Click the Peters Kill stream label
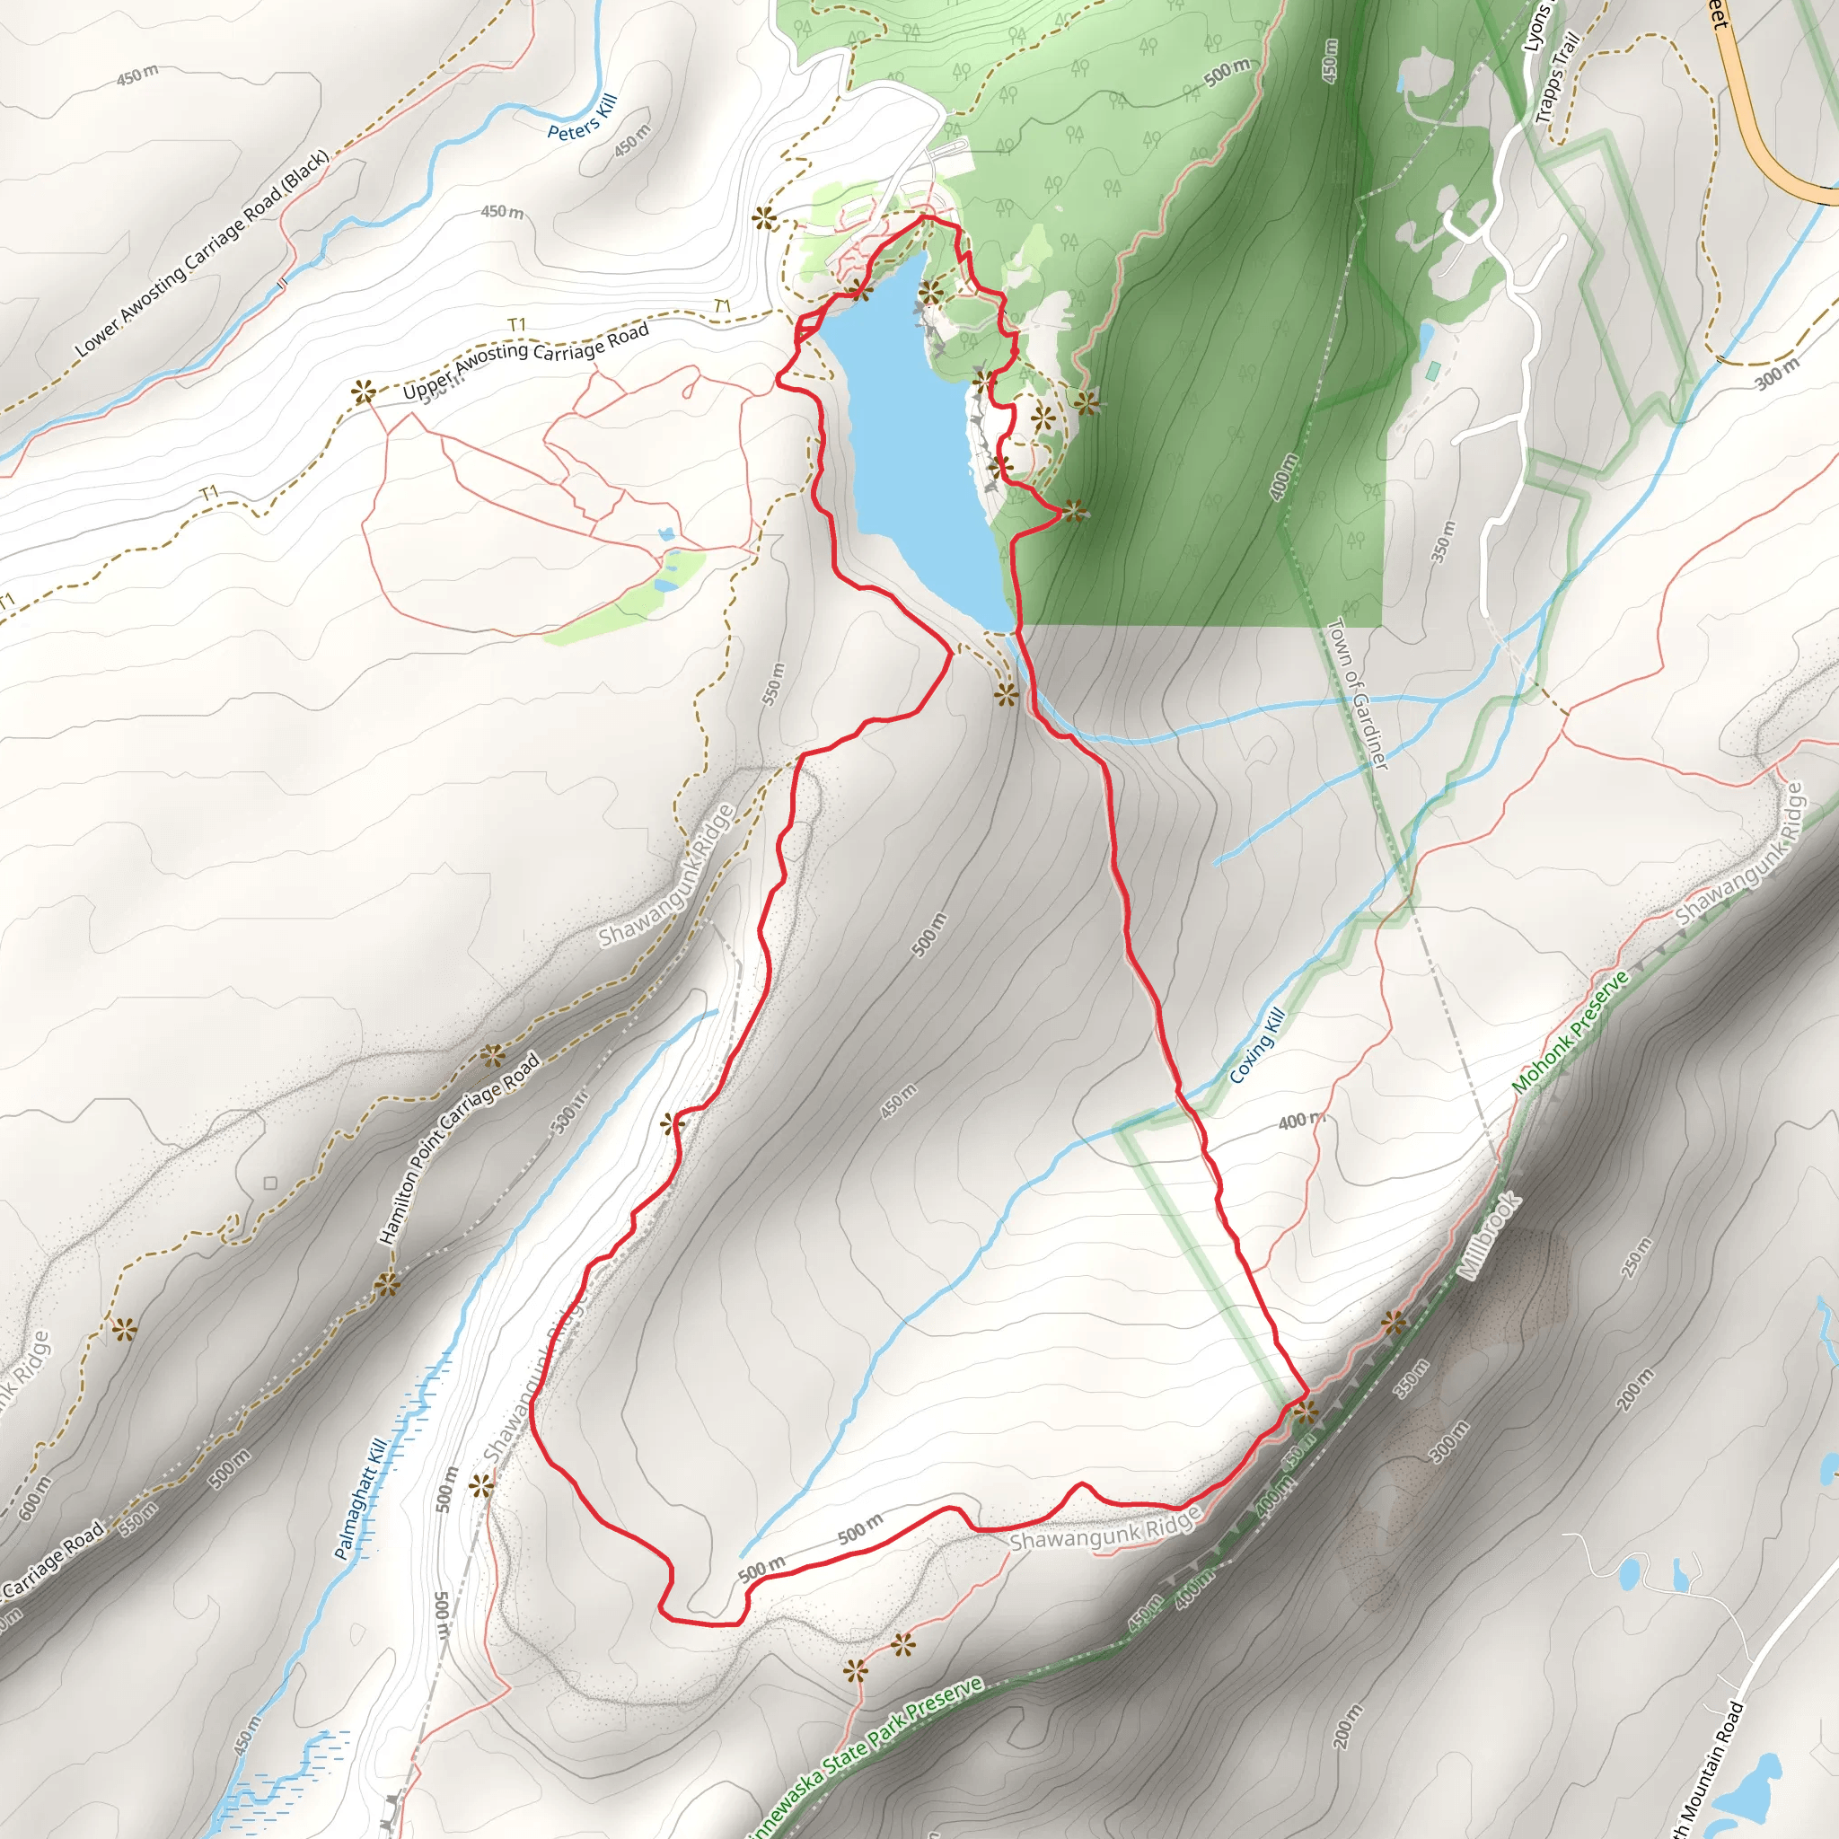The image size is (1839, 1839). coord(583,117)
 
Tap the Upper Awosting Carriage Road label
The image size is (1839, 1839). coord(525,362)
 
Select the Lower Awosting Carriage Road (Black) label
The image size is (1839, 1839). coord(202,254)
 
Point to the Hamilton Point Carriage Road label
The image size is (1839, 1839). coord(460,1147)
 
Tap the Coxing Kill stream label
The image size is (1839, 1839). coord(1257,1045)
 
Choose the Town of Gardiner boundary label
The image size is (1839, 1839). coord(1358,693)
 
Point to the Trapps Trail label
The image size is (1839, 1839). coord(1557,78)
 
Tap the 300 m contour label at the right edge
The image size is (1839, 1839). coord(1777,374)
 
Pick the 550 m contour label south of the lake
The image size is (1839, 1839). coord(774,683)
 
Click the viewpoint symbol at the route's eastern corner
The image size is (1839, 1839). coord(1306,1412)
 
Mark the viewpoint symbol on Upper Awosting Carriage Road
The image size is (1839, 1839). coord(363,392)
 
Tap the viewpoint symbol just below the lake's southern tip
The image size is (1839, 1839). coord(1006,694)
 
